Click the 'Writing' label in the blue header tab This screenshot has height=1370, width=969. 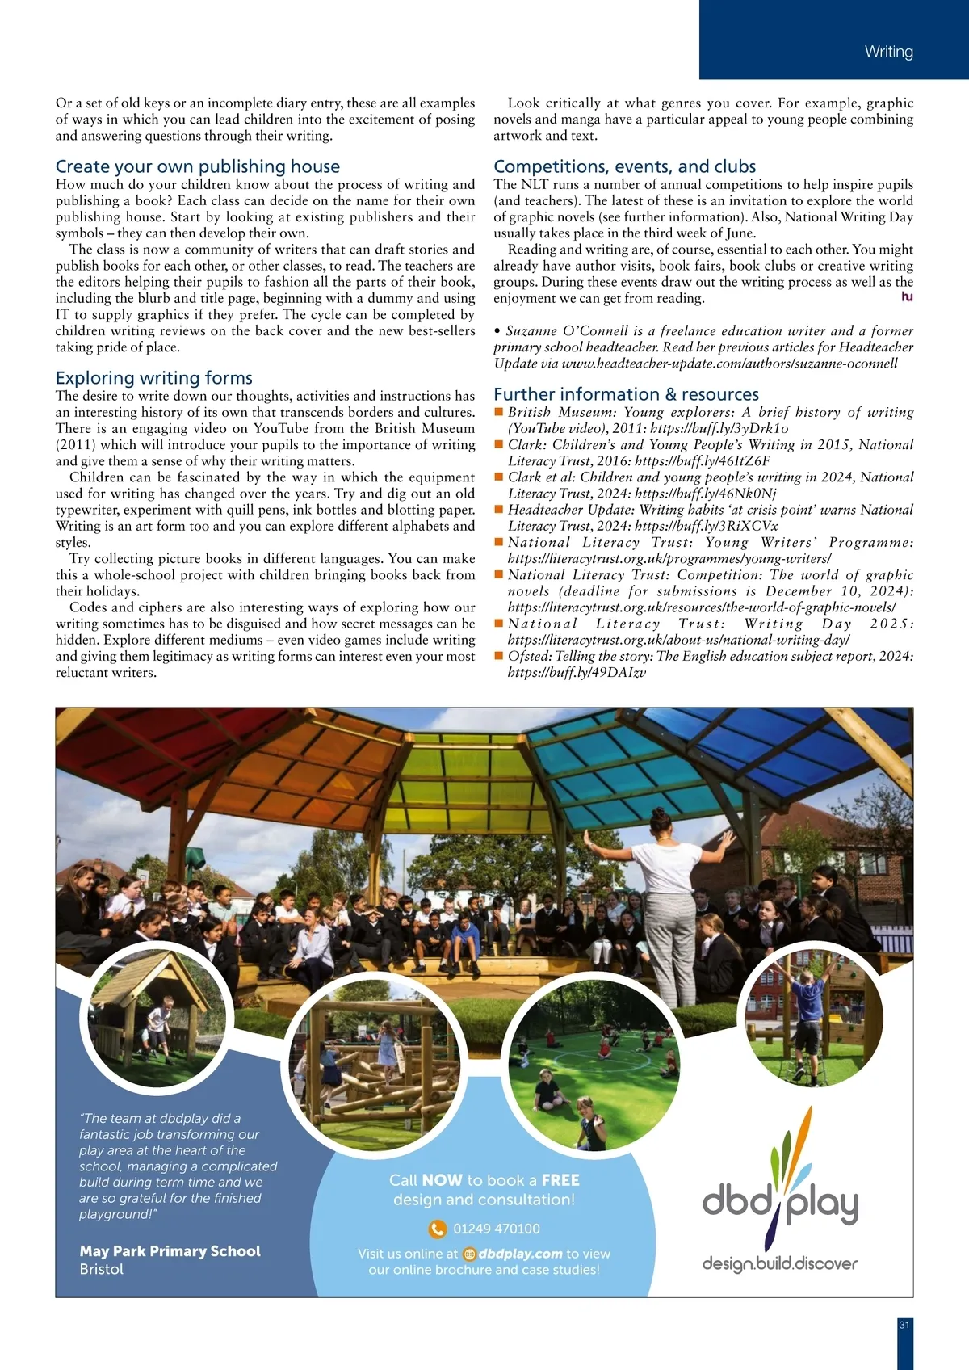pyautogui.click(x=888, y=52)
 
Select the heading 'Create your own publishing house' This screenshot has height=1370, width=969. pyautogui.click(x=198, y=166)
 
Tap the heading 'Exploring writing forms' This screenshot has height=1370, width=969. pyautogui.click(x=154, y=378)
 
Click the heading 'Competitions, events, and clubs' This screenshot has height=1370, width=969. pyautogui.click(x=625, y=166)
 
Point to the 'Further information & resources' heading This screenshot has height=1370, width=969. pyautogui.click(x=627, y=394)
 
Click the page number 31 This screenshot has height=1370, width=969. pyautogui.click(x=904, y=1325)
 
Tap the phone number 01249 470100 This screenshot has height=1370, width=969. pyautogui.click(x=497, y=1229)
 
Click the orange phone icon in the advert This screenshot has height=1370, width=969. pyautogui.click(x=437, y=1229)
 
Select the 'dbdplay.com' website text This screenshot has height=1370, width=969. pyautogui.click(x=520, y=1254)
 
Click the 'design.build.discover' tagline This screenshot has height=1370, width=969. pyautogui.click(x=779, y=1263)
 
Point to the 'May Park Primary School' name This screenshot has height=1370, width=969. pyautogui.click(x=170, y=1251)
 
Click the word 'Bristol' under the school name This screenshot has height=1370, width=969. pyautogui.click(x=102, y=1269)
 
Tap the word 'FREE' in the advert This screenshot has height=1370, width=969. pyautogui.click(x=560, y=1180)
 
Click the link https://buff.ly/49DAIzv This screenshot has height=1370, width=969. pyautogui.click(x=577, y=672)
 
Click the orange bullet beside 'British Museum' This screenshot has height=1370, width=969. pyautogui.click(x=499, y=412)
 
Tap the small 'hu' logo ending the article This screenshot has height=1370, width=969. pyautogui.click(x=907, y=297)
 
